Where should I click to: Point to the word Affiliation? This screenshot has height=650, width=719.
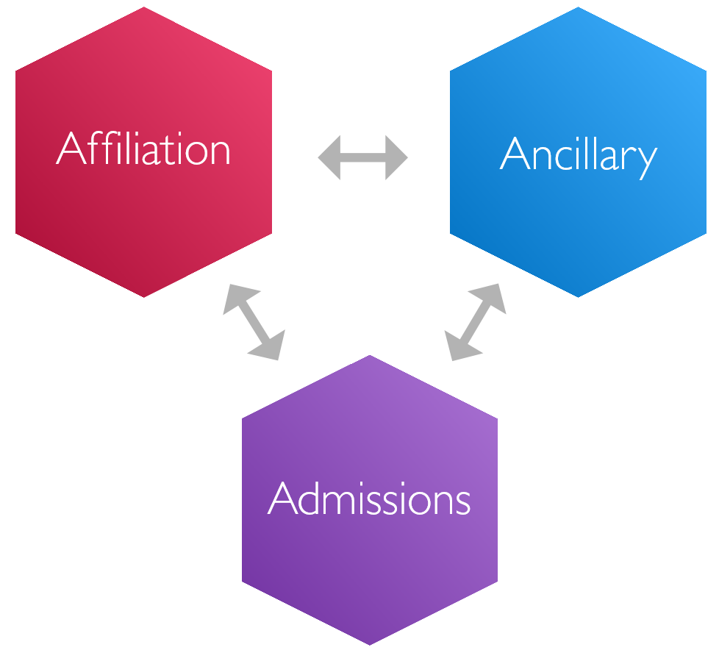pos(143,149)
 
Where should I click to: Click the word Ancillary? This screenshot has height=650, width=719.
pos(578,154)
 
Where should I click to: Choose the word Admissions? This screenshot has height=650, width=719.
pos(369,499)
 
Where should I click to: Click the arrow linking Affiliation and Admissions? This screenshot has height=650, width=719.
pos(253,322)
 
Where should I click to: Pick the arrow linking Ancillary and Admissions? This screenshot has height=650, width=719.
pos(476,322)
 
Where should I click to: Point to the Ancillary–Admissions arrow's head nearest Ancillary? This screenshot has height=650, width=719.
pos(493,295)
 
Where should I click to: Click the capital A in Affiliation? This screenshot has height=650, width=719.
pos(71,149)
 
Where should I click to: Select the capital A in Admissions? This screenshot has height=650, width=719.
pos(282,499)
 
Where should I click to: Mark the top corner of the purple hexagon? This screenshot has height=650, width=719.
pos(370,357)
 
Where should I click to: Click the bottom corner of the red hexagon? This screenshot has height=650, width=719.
pos(143,296)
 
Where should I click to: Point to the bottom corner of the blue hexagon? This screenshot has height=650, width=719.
pos(578,296)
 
